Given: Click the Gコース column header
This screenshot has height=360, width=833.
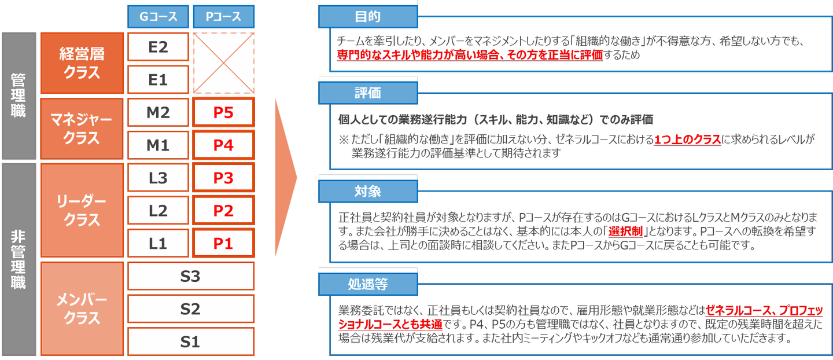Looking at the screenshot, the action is click(158, 17).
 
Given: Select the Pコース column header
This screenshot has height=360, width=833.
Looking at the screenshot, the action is click(223, 17).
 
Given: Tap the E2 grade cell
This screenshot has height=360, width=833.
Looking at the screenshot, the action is click(158, 47).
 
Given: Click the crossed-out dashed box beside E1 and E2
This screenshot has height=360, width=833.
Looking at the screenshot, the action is click(223, 63).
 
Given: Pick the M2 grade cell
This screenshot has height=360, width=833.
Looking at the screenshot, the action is click(158, 112).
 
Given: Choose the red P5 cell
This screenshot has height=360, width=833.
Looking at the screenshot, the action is click(223, 112).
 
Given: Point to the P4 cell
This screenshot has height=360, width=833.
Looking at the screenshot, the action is click(223, 145).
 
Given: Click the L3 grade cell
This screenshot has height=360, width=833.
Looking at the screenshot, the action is click(158, 178).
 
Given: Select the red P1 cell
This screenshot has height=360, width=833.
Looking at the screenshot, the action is click(223, 243).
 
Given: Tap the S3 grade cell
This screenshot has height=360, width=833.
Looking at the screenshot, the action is click(191, 276).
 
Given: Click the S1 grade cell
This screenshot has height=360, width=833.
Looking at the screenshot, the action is click(191, 341).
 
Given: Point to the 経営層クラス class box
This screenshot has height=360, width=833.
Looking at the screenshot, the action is click(82, 63).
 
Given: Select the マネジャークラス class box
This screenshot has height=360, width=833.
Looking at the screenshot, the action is click(82, 128).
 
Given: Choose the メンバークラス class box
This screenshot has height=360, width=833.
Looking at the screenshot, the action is click(82, 308).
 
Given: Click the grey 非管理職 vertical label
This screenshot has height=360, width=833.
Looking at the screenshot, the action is click(19, 260).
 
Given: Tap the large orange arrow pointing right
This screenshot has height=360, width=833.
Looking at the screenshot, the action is click(286, 178).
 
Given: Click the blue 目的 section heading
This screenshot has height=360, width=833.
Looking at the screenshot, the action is click(368, 17).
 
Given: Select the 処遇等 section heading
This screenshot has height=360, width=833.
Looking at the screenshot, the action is click(368, 284).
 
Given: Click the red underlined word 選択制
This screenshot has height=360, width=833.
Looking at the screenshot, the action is click(625, 232).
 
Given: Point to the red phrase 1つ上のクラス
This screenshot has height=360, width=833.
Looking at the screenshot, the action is click(687, 139).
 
